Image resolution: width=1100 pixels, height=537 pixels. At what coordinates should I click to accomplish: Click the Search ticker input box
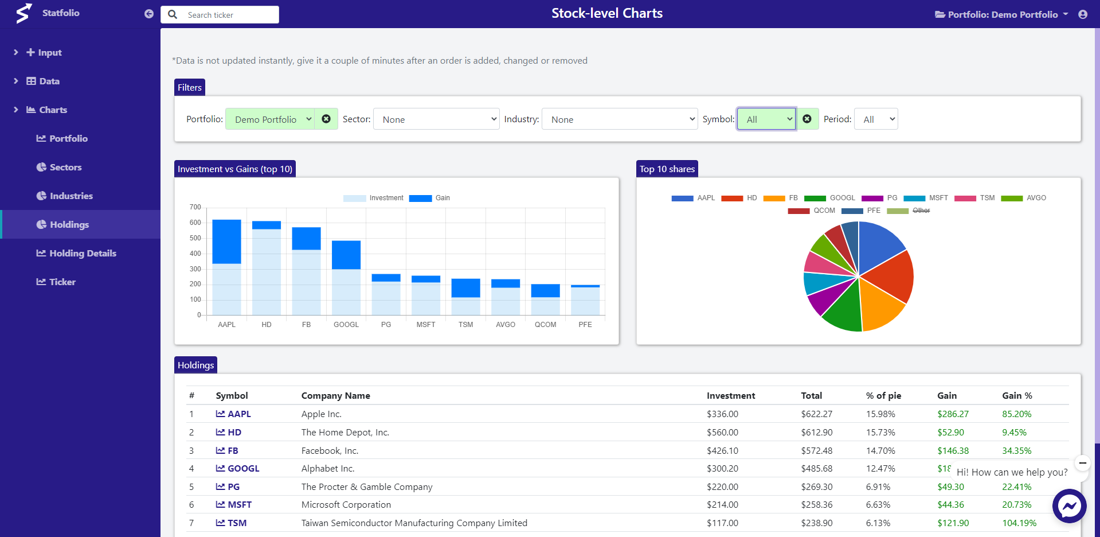point(229,15)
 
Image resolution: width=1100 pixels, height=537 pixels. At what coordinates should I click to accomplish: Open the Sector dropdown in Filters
point(436,119)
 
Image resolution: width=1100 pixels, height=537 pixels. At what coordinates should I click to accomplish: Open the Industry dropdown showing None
point(619,119)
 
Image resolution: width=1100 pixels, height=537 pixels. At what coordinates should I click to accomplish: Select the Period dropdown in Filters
point(875,119)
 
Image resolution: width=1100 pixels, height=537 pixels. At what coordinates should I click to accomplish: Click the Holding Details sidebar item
point(83,253)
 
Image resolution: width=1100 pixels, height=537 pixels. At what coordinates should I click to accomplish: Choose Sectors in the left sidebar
point(65,167)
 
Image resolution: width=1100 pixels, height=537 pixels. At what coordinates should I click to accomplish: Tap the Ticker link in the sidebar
point(62,282)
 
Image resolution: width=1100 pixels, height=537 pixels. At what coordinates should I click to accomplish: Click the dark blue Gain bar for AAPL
point(226,242)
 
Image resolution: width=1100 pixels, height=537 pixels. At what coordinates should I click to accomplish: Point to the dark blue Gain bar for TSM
point(465,288)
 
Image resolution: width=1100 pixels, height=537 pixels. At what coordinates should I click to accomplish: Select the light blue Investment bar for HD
point(267,272)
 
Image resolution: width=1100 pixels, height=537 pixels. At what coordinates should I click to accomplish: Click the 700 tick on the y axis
point(195,207)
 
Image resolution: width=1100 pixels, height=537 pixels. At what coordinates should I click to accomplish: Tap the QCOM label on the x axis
point(545,325)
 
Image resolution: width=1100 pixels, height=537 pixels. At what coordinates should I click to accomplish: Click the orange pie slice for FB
point(880,304)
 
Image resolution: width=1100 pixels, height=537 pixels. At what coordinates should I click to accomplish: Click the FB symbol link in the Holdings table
point(233,450)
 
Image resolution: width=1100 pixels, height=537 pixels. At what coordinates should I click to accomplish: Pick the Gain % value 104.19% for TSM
point(1019,523)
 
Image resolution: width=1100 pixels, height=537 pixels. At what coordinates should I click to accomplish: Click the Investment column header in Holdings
point(730,396)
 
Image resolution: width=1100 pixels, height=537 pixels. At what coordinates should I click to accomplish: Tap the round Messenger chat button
point(1069,506)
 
